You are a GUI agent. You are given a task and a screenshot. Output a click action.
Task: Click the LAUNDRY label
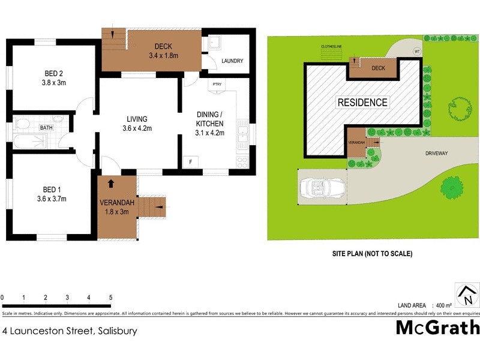(x=232, y=61)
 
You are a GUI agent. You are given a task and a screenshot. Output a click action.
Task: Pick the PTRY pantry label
(x=217, y=84)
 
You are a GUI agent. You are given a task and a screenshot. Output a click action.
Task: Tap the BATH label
(x=46, y=128)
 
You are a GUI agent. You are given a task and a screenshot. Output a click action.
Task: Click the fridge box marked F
(x=191, y=162)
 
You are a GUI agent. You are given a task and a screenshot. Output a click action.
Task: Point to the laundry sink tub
(x=214, y=43)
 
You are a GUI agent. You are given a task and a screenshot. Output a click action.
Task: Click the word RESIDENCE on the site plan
(x=362, y=102)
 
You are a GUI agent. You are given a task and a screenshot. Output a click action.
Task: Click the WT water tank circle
(x=416, y=51)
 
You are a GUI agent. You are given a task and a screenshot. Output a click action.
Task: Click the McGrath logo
(x=437, y=328)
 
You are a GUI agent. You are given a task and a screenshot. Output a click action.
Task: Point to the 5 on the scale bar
(x=110, y=298)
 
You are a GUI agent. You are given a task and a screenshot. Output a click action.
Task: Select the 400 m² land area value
(x=444, y=305)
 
